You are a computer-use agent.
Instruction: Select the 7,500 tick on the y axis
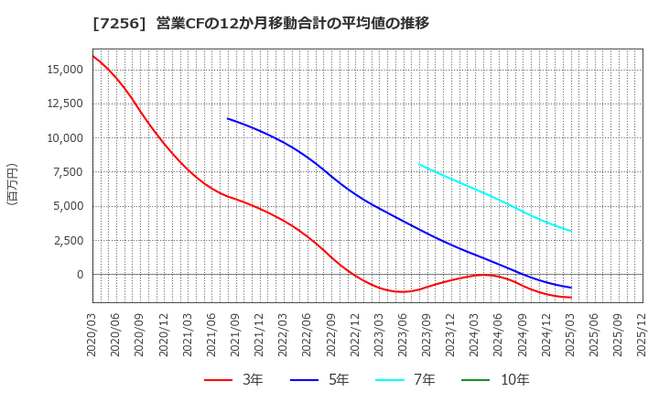66,172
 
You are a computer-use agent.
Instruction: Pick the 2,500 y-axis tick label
66,241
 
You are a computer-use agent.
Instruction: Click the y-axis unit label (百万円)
12,183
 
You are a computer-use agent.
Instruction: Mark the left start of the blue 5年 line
228,119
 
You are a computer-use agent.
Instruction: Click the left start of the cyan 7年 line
419,165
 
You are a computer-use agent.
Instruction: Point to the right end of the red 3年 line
571,298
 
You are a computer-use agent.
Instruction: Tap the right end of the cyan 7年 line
571,231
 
